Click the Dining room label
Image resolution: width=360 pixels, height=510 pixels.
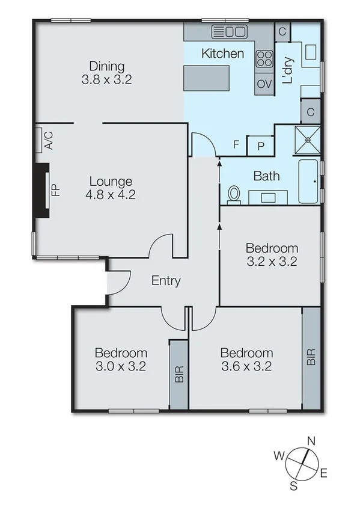pos(107,66)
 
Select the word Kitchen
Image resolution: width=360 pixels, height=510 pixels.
pos(222,54)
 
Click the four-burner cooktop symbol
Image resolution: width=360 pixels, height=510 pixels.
pos(264,58)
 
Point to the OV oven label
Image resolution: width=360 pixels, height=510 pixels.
pos(264,84)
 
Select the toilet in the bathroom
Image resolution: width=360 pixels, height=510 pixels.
pos(234,194)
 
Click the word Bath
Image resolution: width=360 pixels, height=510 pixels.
pos(266,176)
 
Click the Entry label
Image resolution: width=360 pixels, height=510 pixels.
pos(166,280)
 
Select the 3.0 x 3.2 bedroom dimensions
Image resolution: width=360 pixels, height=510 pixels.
pos(121,366)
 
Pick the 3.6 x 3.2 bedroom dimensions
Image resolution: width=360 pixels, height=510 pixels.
pos(246,366)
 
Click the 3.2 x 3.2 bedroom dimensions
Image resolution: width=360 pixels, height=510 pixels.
pos(272,262)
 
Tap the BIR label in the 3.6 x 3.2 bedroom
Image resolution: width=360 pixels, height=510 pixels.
pos(311,358)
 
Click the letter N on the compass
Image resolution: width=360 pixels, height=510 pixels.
pos(311,440)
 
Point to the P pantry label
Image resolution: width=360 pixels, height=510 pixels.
pos(261,145)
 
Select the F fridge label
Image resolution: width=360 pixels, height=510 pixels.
pos(236,144)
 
